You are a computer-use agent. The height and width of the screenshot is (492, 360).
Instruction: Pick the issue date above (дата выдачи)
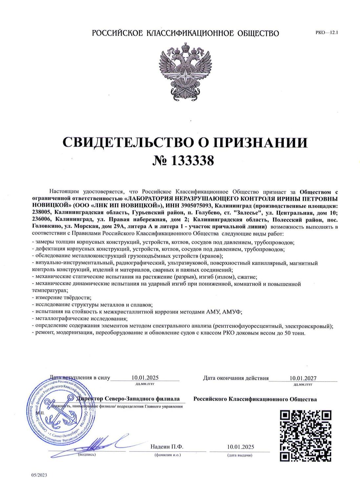pos(240,447)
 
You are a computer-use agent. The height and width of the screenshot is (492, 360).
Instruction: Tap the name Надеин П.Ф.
pos(166,447)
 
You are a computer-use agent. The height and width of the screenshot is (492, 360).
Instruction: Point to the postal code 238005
pos(41,212)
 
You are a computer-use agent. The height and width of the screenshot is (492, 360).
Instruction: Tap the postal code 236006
pos(41,219)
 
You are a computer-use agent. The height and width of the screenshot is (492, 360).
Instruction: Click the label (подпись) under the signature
pos(86,455)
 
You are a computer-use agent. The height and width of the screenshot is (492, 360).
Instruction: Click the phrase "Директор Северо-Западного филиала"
pos(128,399)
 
